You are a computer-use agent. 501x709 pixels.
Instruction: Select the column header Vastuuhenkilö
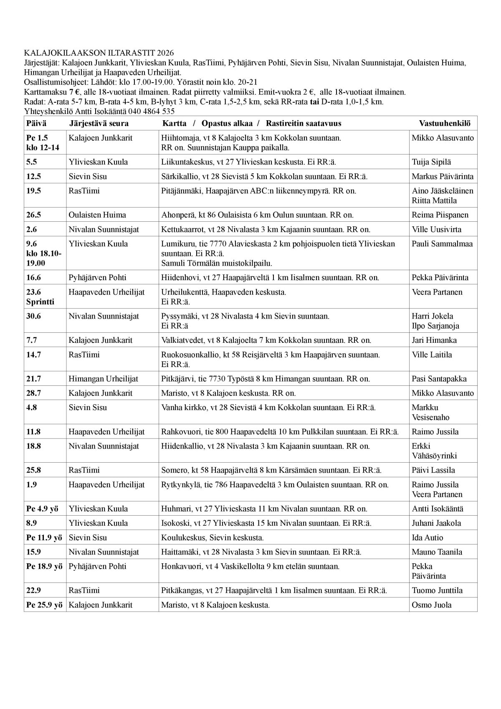click(x=445, y=123)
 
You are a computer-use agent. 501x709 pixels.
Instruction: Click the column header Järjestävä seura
click(x=99, y=123)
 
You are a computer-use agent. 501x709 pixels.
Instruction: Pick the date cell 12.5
click(x=33, y=176)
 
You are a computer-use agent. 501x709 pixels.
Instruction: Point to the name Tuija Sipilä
click(x=431, y=162)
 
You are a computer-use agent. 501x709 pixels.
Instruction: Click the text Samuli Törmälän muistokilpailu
click(x=216, y=263)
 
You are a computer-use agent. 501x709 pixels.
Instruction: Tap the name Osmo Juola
click(x=432, y=605)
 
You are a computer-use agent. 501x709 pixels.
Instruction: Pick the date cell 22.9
click(x=33, y=590)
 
